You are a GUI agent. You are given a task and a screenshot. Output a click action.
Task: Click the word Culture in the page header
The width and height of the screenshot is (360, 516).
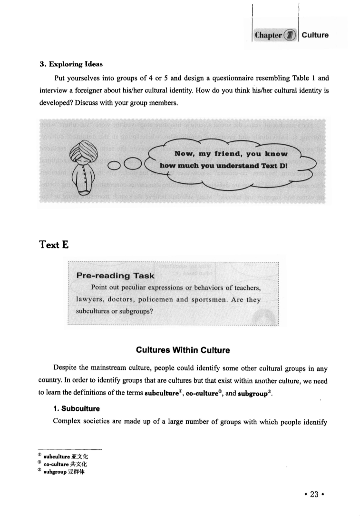click(315, 35)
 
